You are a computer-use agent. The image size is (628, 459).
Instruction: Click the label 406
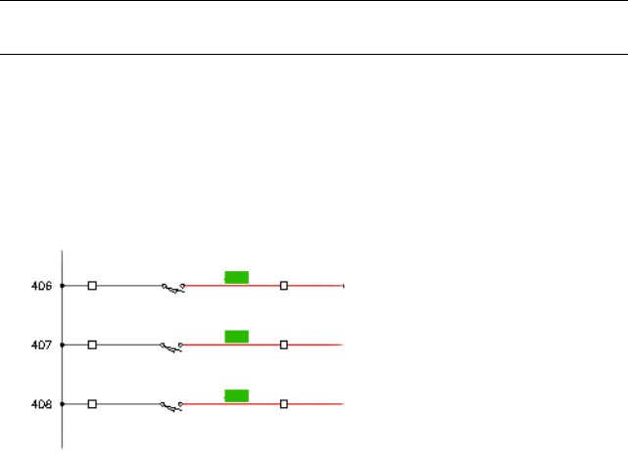click(42, 287)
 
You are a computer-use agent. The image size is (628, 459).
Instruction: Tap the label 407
click(42, 345)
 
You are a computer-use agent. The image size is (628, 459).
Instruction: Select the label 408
click(42, 404)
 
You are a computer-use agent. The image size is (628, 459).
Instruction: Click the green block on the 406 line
click(236, 277)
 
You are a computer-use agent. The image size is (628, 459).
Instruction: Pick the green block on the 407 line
click(236, 337)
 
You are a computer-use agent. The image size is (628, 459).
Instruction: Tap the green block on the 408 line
click(236, 395)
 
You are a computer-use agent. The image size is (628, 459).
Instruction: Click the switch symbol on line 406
click(173, 288)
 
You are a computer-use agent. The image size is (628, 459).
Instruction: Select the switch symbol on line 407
click(173, 346)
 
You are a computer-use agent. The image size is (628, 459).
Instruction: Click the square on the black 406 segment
click(92, 286)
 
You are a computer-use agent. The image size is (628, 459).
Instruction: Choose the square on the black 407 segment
click(92, 344)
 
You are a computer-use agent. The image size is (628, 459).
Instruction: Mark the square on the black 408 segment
click(92, 403)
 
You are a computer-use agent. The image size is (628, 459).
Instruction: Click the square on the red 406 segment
click(283, 286)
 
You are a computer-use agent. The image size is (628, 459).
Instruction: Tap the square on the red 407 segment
click(283, 344)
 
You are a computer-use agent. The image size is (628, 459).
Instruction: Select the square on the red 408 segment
click(283, 403)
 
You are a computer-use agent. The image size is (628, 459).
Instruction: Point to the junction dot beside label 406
click(63, 286)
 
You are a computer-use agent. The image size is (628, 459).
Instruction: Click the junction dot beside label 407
click(63, 344)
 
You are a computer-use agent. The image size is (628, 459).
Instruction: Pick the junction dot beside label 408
click(63, 403)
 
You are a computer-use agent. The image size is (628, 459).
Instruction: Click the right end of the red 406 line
click(343, 286)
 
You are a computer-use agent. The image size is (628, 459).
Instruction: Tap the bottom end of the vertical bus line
click(63, 447)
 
